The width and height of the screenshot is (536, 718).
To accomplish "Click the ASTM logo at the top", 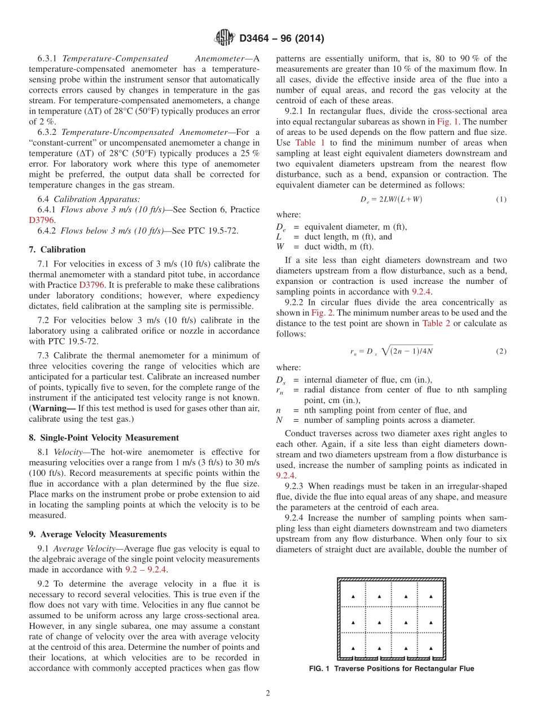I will coord(224,38).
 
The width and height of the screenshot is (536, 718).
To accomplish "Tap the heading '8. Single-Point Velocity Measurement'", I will coord(104,437).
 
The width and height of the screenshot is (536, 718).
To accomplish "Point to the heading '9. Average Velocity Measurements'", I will coord(98,534).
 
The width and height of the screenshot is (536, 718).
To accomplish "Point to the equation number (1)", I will coord(501,199).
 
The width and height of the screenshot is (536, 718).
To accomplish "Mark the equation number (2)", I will coord(501,351).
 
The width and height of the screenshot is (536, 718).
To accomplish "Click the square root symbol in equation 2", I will coord(386,351).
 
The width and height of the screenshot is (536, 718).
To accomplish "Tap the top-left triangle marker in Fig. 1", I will coord(353,596).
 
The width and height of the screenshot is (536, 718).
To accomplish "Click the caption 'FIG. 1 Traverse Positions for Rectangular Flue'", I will coord(391,669).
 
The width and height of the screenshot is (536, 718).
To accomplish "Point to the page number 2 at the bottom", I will coord(268,694).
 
